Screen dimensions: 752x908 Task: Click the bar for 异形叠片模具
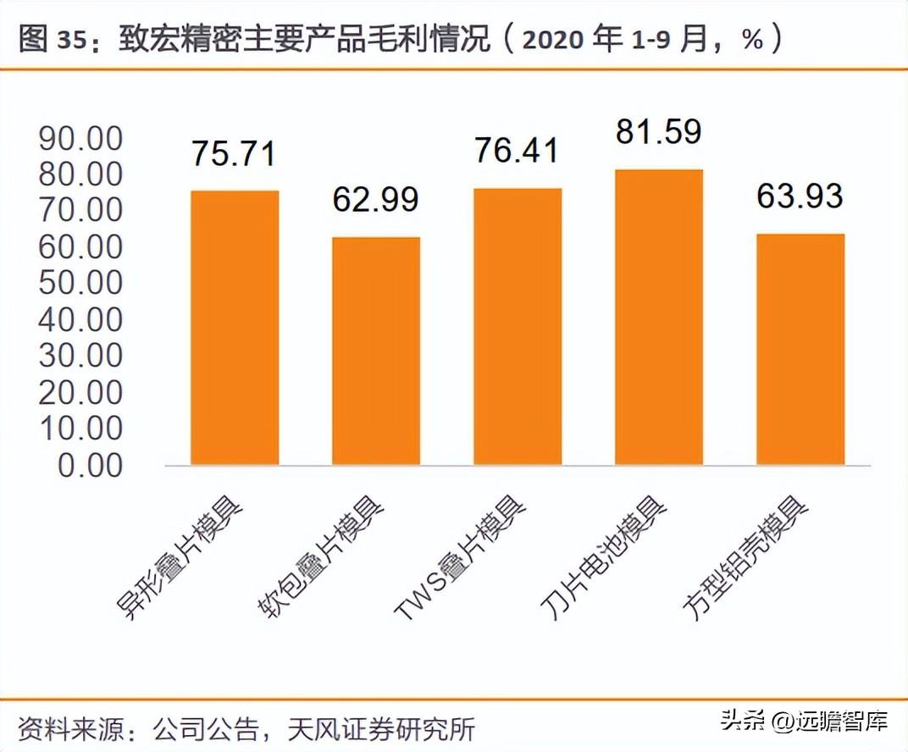[x=235, y=328]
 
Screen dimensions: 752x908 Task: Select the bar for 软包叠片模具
[x=376, y=351]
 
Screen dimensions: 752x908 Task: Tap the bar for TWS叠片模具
[x=518, y=326]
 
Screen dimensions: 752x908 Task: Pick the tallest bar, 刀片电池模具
[x=659, y=317]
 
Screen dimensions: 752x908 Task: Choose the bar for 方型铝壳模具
[x=800, y=349]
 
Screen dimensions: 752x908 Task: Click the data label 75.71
[x=234, y=155]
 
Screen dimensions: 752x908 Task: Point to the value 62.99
[x=375, y=200]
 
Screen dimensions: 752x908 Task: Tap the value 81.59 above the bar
[x=659, y=133]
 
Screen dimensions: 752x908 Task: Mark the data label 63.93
[x=800, y=196]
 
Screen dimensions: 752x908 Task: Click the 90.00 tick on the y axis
[x=81, y=139]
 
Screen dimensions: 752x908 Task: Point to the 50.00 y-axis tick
[x=81, y=284]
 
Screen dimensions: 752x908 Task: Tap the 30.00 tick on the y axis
[x=81, y=357]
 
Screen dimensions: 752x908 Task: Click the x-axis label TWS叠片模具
[x=461, y=560]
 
